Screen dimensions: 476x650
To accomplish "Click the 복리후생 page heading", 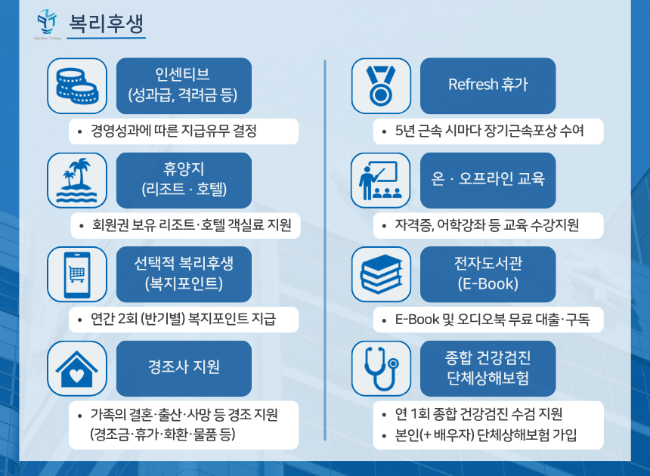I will point(107,20).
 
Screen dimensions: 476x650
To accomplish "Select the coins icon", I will point(77,85).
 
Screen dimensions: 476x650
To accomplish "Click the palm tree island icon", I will point(77,180).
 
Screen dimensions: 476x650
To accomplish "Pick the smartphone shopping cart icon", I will point(77,274).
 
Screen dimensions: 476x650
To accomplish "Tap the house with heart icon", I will point(77,368).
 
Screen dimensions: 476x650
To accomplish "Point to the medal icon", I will point(381,85).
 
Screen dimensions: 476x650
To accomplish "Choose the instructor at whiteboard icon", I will point(381,180).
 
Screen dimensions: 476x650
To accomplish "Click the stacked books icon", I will point(381,274).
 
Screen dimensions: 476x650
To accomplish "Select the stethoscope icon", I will point(381,368).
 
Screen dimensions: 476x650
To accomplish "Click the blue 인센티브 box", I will point(184,85).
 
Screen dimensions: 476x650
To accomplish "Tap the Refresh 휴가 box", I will point(487,85).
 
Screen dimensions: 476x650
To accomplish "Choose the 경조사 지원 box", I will point(184,368).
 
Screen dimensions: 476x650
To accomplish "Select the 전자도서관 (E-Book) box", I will point(487,274).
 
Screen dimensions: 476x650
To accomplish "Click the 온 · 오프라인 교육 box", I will point(487,180).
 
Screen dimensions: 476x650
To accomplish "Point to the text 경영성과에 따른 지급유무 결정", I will point(174,131).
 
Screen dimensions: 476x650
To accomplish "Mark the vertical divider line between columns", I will point(325,249).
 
